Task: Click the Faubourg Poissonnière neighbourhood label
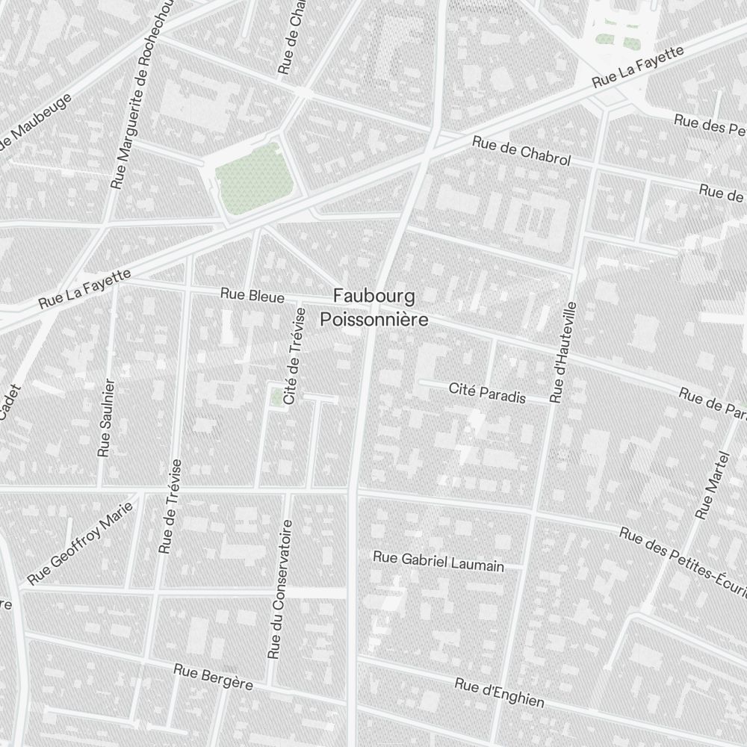373,307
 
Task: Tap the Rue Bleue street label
252,296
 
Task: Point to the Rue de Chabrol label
521,151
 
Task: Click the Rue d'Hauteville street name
564,353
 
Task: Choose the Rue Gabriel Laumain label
438,561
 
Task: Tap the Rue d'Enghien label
499,692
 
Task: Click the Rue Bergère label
213,676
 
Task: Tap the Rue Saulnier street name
107,418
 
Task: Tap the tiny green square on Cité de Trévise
279,397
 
